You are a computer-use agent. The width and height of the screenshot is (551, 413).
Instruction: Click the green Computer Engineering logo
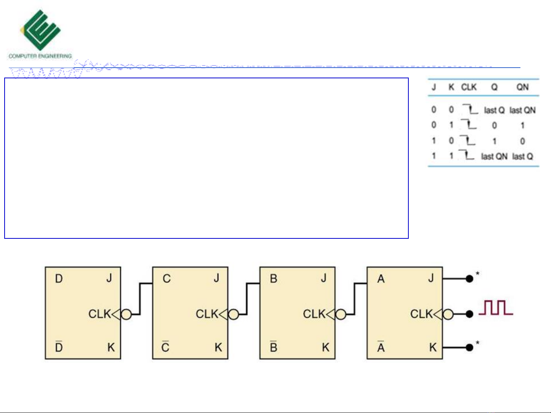[40, 31]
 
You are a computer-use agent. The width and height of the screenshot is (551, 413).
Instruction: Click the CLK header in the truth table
[469, 87]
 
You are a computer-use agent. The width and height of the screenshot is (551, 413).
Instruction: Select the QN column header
[522, 87]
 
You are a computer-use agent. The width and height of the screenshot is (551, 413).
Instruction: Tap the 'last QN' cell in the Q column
[494, 156]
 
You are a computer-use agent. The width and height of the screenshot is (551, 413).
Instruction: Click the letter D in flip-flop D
[59, 279]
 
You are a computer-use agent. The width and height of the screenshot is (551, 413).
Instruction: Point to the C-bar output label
[165, 347]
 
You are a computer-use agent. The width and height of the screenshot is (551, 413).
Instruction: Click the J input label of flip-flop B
[324, 278]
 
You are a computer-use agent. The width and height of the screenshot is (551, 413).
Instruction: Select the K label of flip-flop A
[432, 347]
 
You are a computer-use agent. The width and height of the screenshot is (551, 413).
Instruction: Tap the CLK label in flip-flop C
[207, 314]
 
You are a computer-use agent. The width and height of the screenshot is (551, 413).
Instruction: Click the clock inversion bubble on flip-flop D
[126, 314]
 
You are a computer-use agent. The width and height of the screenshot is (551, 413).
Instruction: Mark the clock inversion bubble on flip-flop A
[448, 314]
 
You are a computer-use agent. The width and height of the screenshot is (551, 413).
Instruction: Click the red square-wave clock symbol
[496, 308]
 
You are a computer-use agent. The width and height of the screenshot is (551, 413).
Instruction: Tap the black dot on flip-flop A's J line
[470, 279]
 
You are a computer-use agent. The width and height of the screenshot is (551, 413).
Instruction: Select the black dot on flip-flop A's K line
[470, 348]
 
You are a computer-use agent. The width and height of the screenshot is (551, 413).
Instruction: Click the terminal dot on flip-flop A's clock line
[470, 314]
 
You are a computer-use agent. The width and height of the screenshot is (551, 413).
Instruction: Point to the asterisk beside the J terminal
[478, 274]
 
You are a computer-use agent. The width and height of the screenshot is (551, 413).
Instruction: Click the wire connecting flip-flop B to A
[355, 298]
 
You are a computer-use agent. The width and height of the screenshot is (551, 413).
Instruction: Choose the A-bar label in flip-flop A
[381, 347]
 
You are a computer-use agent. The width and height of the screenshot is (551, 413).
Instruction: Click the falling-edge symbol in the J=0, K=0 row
[470, 110]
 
